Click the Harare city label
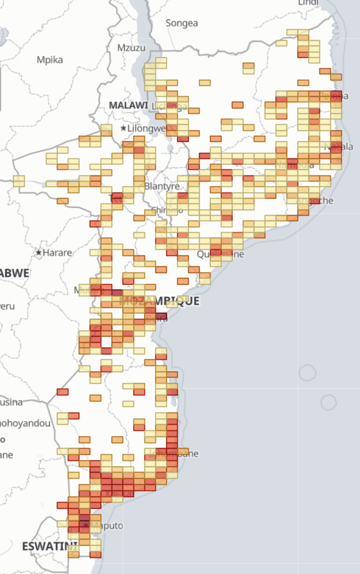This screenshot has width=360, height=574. pyautogui.click(x=57, y=252)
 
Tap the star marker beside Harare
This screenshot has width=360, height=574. pyautogui.click(x=39, y=252)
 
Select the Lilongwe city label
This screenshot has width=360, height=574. pyautogui.click(x=147, y=128)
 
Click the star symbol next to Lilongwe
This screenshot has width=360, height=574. pyautogui.click(x=123, y=128)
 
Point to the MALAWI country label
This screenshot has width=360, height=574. pyautogui.click(x=129, y=105)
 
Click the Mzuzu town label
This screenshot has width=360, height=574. pyautogui.click(x=131, y=48)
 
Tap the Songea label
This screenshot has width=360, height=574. pyautogui.click(x=182, y=23)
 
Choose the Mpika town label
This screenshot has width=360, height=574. pyautogui.click(x=50, y=60)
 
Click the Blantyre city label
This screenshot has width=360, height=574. pyautogui.click(x=162, y=186)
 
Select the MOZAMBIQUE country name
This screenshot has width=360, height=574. pyautogui.click(x=159, y=301)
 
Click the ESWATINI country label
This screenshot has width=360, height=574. pyautogui.click(x=50, y=546)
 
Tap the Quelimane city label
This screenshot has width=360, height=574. pyautogui.click(x=221, y=254)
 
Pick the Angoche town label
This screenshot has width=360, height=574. pyautogui.click(x=315, y=200)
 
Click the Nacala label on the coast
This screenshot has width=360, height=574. pyautogui.click(x=339, y=147)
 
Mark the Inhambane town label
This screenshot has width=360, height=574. pyautogui.click(x=174, y=453)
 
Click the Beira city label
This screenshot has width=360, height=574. pyautogui.click(x=157, y=318)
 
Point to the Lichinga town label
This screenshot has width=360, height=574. pyautogui.click(x=170, y=107)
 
